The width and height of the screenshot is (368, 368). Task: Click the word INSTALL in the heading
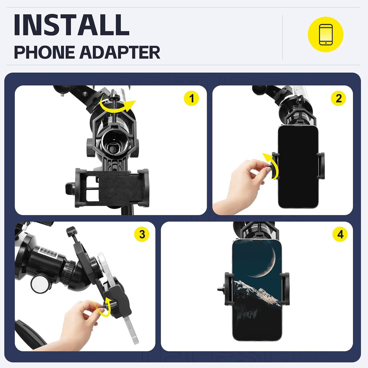click(72, 25)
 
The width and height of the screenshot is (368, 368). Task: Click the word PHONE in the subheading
click(44, 52)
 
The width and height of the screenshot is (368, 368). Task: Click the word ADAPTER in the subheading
click(120, 52)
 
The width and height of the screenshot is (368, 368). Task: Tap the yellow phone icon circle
click(326, 34)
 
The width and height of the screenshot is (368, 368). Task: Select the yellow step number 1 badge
click(191, 98)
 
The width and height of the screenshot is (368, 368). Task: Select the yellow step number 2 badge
click(338, 98)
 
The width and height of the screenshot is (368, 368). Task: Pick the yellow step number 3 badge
click(142, 234)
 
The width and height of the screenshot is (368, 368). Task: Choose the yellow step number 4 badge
click(340, 234)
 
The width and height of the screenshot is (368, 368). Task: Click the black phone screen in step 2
click(298, 166)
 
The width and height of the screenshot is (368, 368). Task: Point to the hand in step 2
click(244, 185)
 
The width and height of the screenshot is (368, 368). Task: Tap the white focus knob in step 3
click(40, 284)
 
